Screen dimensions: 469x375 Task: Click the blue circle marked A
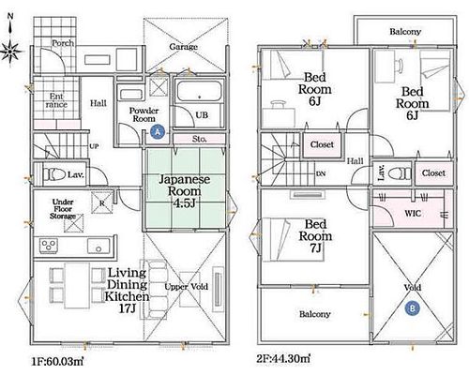coord(158,131)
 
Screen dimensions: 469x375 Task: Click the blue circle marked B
coord(413,308)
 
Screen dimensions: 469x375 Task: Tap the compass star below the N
coord(10,51)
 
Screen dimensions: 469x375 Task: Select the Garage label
coord(184,47)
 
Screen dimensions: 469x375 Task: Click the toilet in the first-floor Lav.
coord(53,174)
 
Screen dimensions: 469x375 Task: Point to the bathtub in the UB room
coord(200,91)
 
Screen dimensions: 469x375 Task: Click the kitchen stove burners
coord(49,246)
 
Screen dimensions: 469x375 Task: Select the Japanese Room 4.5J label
coord(185,191)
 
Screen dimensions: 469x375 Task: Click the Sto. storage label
coord(199,139)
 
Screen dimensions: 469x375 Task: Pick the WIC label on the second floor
coord(413,214)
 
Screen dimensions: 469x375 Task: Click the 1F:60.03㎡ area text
coord(57,362)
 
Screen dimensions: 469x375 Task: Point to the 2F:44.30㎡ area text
coord(283,358)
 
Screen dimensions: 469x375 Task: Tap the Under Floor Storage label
coord(63,209)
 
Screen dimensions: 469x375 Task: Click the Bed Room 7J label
coord(315,236)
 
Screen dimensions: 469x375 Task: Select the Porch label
coord(63,43)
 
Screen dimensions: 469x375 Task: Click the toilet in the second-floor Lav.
coord(399,173)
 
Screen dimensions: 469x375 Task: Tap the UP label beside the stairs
coord(94,146)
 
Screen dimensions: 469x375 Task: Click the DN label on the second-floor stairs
coord(321,173)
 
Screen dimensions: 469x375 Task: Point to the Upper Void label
coord(187,287)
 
